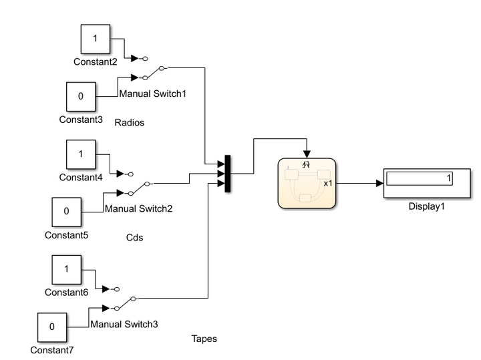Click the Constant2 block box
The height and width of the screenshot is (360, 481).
click(95, 39)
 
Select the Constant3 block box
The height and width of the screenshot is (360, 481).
click(82, 96)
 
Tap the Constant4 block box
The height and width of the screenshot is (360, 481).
click(82, 154)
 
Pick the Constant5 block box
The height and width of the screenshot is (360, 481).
click(67, 212)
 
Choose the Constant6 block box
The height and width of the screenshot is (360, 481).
click(67, 269)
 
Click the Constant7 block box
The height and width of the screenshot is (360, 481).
click(52, 327)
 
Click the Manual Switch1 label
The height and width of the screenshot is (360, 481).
click(152, 94)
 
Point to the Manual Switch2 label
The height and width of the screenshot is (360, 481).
click(138, 208)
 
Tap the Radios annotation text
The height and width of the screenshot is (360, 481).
click(130, 122)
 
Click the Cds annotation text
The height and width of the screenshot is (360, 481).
click(135, 236)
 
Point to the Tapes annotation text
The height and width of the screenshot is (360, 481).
click(204, 339)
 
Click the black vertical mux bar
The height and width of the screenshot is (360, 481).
click(228, 174)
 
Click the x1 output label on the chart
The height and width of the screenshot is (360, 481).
click(328, 182)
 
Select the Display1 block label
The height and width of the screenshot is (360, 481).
click(426, 206)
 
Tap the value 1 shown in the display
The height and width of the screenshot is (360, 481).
click(449, 178)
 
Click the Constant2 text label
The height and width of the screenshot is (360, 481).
click(95, 61)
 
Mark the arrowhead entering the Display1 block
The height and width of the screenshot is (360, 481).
click(379, 182)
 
